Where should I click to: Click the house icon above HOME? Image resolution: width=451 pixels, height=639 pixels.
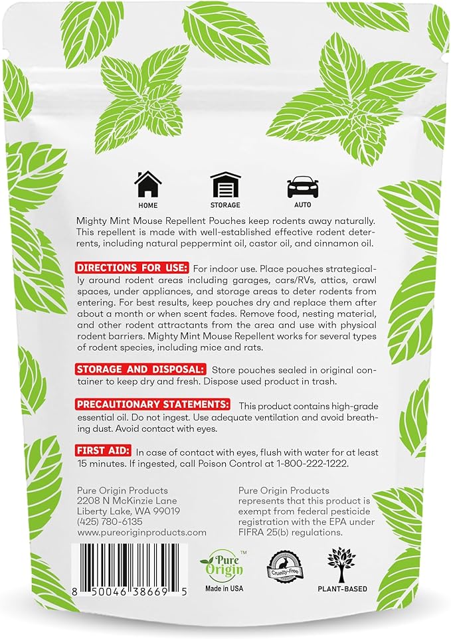click(x=147, y=185)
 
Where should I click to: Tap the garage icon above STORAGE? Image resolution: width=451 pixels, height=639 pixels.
click(x=225, y=185)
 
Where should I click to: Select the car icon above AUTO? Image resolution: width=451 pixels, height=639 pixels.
click(x=303, y=187)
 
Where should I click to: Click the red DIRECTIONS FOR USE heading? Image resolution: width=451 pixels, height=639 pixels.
click(x=133, y=268)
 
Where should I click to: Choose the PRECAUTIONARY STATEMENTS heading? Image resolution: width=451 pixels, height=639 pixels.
click(x=153, y=405)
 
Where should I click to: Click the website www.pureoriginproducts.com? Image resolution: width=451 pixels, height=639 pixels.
click(x=141, y=532)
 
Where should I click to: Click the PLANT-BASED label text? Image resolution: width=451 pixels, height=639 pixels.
click(x=342, y=589)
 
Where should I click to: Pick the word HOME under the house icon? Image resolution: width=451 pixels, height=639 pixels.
click(x=147, y=205)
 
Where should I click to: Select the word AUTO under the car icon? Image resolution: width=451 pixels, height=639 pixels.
click(x=303, y=205)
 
